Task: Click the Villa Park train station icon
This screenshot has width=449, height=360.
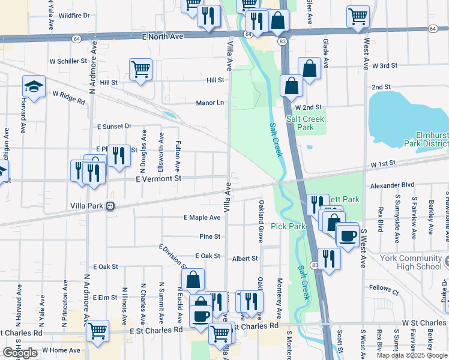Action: pyautogui.click(x=110, y=206)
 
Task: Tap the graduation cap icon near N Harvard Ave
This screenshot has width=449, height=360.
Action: pyautogui.click(x=34, y=87)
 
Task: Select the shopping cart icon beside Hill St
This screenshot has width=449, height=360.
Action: pyautogui.click(x=140, y=69)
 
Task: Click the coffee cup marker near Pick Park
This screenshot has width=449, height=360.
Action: pyautogui.click(x=347, y=235)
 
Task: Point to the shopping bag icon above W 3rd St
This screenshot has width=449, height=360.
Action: pyautogui.click(x=310, y=68)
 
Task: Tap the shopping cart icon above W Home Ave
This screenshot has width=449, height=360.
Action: pyautogui.click(x=97, y=329)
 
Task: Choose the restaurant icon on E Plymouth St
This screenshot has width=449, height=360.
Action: pyautogui.click(x=119, y=155)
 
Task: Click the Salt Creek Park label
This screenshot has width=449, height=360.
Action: pyautogui.click(x=305, y=123)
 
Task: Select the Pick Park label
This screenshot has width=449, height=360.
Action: pyautogui.click(x=288, y=226)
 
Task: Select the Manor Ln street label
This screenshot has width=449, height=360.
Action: pyautogui.click(x=210, y=103)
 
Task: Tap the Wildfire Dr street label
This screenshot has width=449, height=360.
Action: pyautogui.click(x=75, y=15)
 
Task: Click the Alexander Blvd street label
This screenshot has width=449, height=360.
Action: pyautogui.click(x=393, y=186)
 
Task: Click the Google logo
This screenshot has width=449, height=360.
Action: pyautogui.click(x=20, y=353)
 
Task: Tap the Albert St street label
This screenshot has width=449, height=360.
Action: pyautogui.click(x=245, y=259)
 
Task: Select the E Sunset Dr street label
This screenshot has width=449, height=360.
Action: pyautogui.click(x=114, y=127)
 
